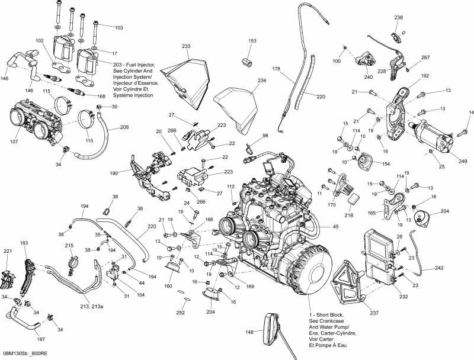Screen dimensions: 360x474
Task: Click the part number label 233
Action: tap(186, 46)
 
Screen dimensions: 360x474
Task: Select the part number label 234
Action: tap(261, 81)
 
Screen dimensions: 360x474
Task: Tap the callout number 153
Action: tap(252, 41)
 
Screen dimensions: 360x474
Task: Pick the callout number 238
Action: tap(399, 17)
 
